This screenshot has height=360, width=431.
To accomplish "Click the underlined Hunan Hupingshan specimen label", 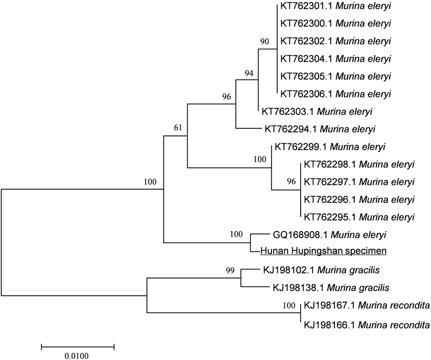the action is (x=324, y=251).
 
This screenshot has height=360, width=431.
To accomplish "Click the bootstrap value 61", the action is (x=179, y=128).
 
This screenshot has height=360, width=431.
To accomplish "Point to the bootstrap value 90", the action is (x=265, y=41).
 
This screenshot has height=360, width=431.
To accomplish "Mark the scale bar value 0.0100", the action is (x=77, y=355).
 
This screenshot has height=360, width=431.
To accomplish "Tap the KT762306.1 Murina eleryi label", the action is (x=335, y=93).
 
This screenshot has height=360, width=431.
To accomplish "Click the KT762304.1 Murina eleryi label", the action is (x=335, y=58).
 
